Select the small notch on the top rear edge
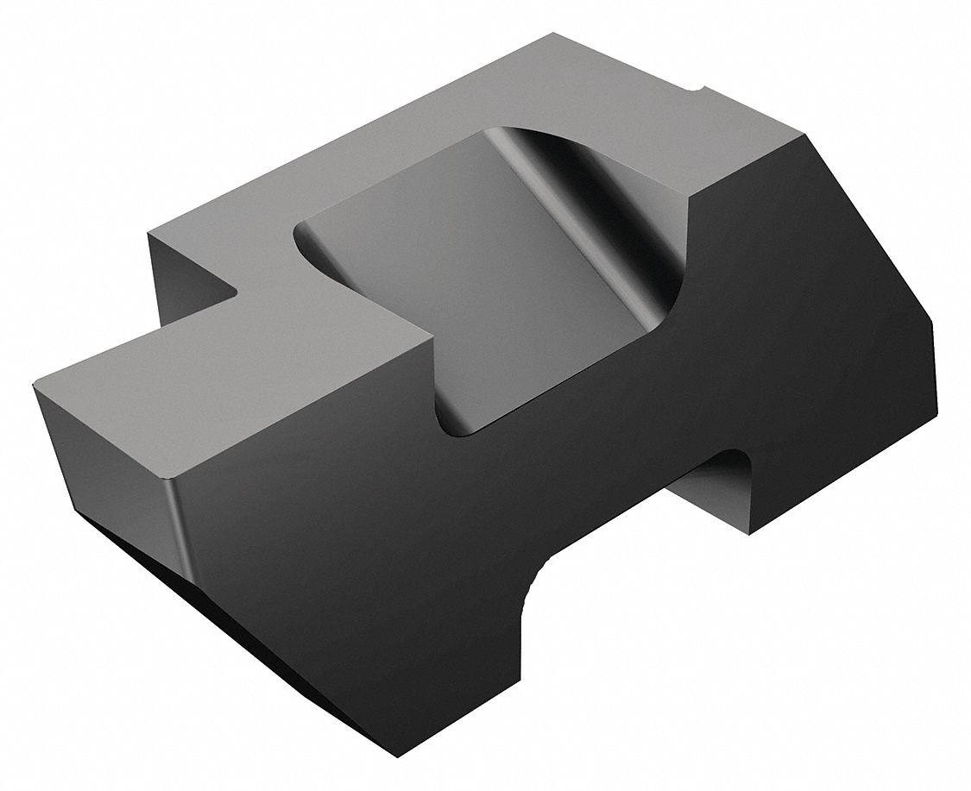(x=697, y=90)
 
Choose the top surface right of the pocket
(x=742, y=147)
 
